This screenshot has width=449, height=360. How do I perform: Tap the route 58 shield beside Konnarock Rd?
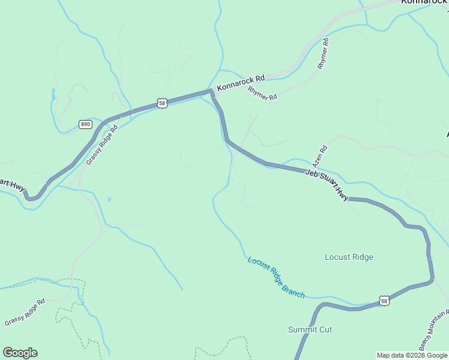pyautogui.click(x=162, y=103)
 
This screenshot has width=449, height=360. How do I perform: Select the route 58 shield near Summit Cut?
pyautogui.click(x=384, y=300)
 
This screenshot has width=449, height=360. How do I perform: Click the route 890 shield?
pyautogui.click(x=85, y=124)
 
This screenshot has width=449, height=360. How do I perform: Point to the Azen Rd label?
pyautogui.click(x=319, y=155)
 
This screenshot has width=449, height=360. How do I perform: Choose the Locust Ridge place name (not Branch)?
pyautogui.click(x=349, y=257)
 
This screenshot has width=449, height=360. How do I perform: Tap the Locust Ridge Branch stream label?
pyautogui.click(x=276, y=278)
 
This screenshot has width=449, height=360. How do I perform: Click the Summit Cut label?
pyautogui.click(x=310, y=329)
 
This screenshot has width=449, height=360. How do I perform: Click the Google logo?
pyautogui.click(x=20, y=353)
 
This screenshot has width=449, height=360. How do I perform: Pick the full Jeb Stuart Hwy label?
pyautogui.click(x=327, y=184)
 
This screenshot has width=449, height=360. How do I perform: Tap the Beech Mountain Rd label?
pyautogui.click(x=433, y=331)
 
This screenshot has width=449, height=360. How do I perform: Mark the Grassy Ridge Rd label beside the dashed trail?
pyautogui.click(x=25, y=313)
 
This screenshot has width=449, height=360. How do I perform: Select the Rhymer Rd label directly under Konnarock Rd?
pyautogui.click(x=262, y=92)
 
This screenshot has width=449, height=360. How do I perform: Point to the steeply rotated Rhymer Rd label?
pyautogui.click(x=324, y=53)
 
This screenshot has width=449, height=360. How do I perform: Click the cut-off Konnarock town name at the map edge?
pyautogui.click(x=424, y=2)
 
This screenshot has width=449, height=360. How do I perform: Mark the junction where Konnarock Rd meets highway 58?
pyautogui.click(x=211, y=92)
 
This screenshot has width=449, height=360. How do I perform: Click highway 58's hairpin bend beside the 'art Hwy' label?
pyautogui.click(x=32, y=196)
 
